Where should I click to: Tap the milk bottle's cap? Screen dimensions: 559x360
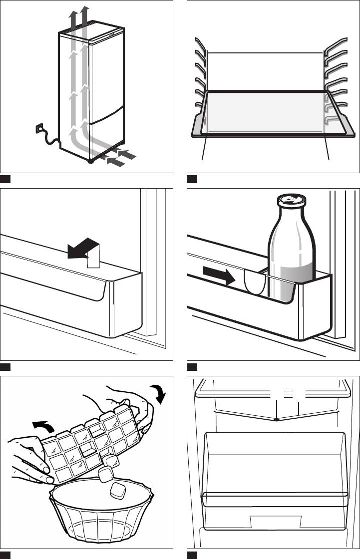pos(288,199)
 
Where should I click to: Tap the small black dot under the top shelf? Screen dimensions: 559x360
pos(276,420)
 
